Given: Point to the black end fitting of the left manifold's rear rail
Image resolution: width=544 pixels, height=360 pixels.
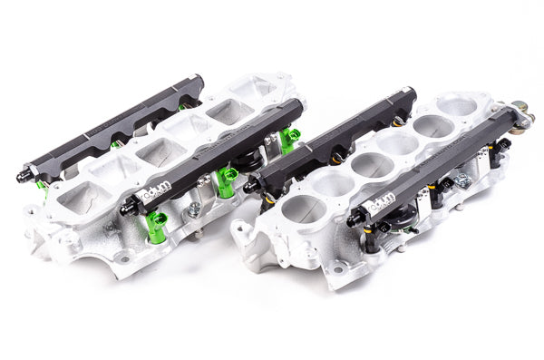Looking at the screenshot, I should (32, 171).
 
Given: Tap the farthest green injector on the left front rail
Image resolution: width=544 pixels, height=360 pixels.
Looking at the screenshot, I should (288, 140).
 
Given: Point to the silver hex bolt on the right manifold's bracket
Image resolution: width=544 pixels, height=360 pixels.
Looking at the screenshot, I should (462, 180).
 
